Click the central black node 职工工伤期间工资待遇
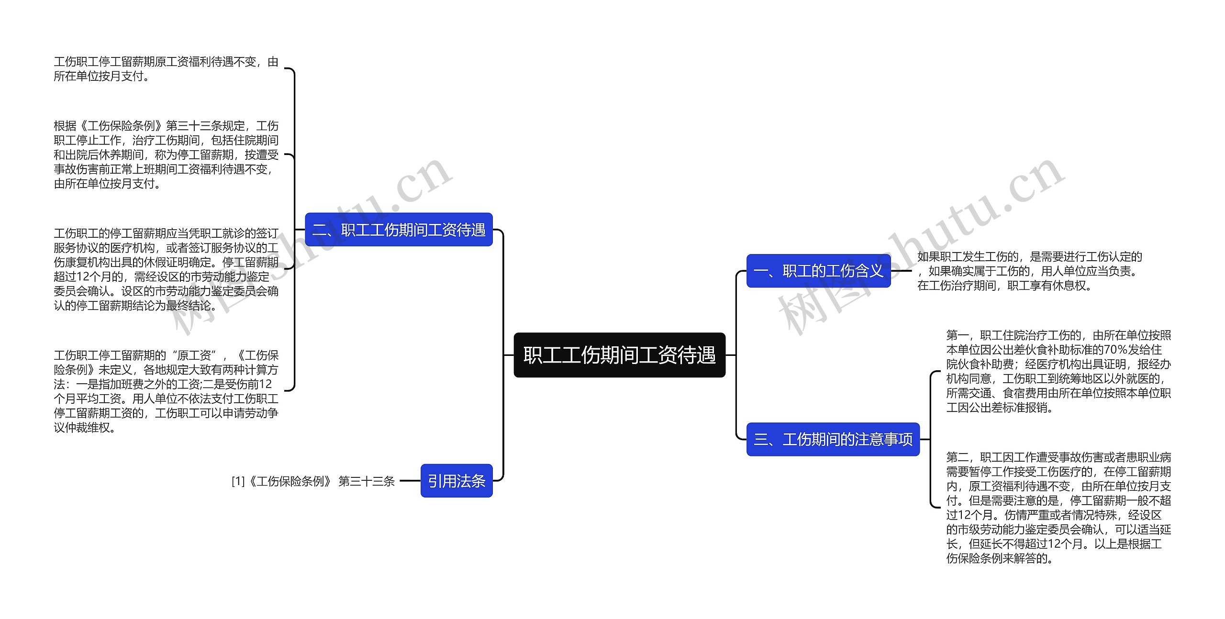click(x=619, y=355)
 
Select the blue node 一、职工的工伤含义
click(x=818, y=271)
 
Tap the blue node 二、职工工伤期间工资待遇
click(x=399, y=230)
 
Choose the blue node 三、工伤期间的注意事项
click(x=833, y=439)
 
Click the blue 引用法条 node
click(x=457, y=481)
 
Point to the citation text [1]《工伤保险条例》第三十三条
click(x=313, y=481)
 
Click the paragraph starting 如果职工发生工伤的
click(x=1029, y=271)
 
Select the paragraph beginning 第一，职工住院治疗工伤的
click(x=1058, y=371)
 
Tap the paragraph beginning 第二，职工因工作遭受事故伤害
click(x=1058, y=508)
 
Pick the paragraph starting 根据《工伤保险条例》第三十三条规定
click(x=166, y=155)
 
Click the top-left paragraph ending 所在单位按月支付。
click(x=166, y=69)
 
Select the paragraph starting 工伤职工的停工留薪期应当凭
click(x=166, y=269)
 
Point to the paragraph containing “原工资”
click(x=166, y=391)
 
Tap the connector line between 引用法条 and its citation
click(x=410, y=481)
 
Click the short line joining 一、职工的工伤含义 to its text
click(x=902, y=271)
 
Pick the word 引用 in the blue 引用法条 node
click(x=442, y=481)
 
